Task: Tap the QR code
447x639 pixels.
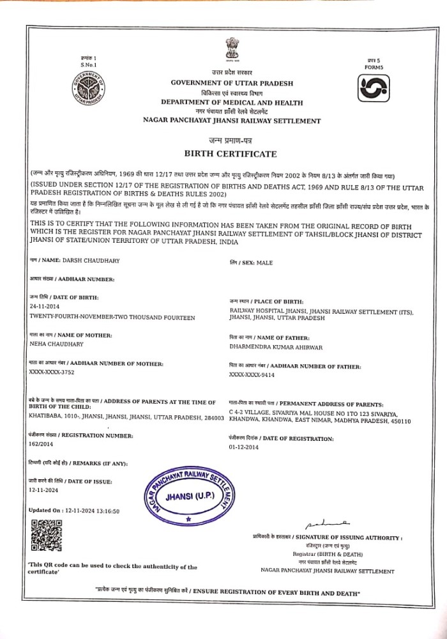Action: coord(46,535)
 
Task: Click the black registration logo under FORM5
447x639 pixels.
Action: coord(373,89)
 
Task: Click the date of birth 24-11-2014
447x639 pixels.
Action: coord(44,306)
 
